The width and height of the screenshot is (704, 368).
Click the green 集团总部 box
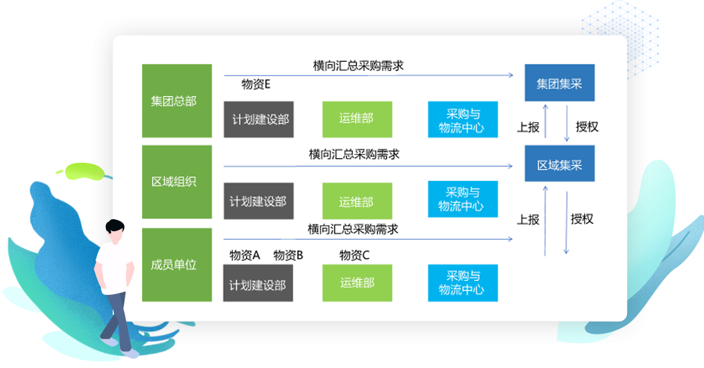tap(176, 101)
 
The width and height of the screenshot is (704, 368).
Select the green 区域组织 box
tap(176, 182)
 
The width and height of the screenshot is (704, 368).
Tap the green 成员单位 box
tap(176, 264)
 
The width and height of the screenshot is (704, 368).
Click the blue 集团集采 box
tap(559, 84)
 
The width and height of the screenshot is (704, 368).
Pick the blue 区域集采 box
tap(559, 164)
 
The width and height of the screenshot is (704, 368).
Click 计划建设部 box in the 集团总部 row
tap(258, 119)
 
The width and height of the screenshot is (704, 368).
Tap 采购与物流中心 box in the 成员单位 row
tap(463, 282)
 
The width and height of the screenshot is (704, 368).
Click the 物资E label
tap(255, 84)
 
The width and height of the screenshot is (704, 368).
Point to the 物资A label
tap(244, 255)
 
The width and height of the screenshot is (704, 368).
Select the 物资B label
tap(288, 255)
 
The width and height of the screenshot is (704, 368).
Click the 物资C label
tap(355, 255)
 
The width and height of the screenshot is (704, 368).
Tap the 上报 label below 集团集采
tap(528, 127)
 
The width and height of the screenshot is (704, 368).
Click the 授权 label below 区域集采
tap(582, 219)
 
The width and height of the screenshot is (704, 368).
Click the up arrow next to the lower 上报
tap(546, 221)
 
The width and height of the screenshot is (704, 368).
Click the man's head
tap(115, 231)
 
